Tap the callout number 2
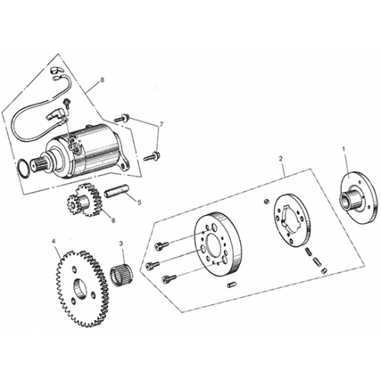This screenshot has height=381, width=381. [281, 159]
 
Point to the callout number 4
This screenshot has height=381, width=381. [54, 244]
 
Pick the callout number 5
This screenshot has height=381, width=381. [139, 202]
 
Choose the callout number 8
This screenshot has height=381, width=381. [101, 79]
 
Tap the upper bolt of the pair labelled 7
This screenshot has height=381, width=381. [122, 118]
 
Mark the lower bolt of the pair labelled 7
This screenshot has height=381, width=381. [152, 156]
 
